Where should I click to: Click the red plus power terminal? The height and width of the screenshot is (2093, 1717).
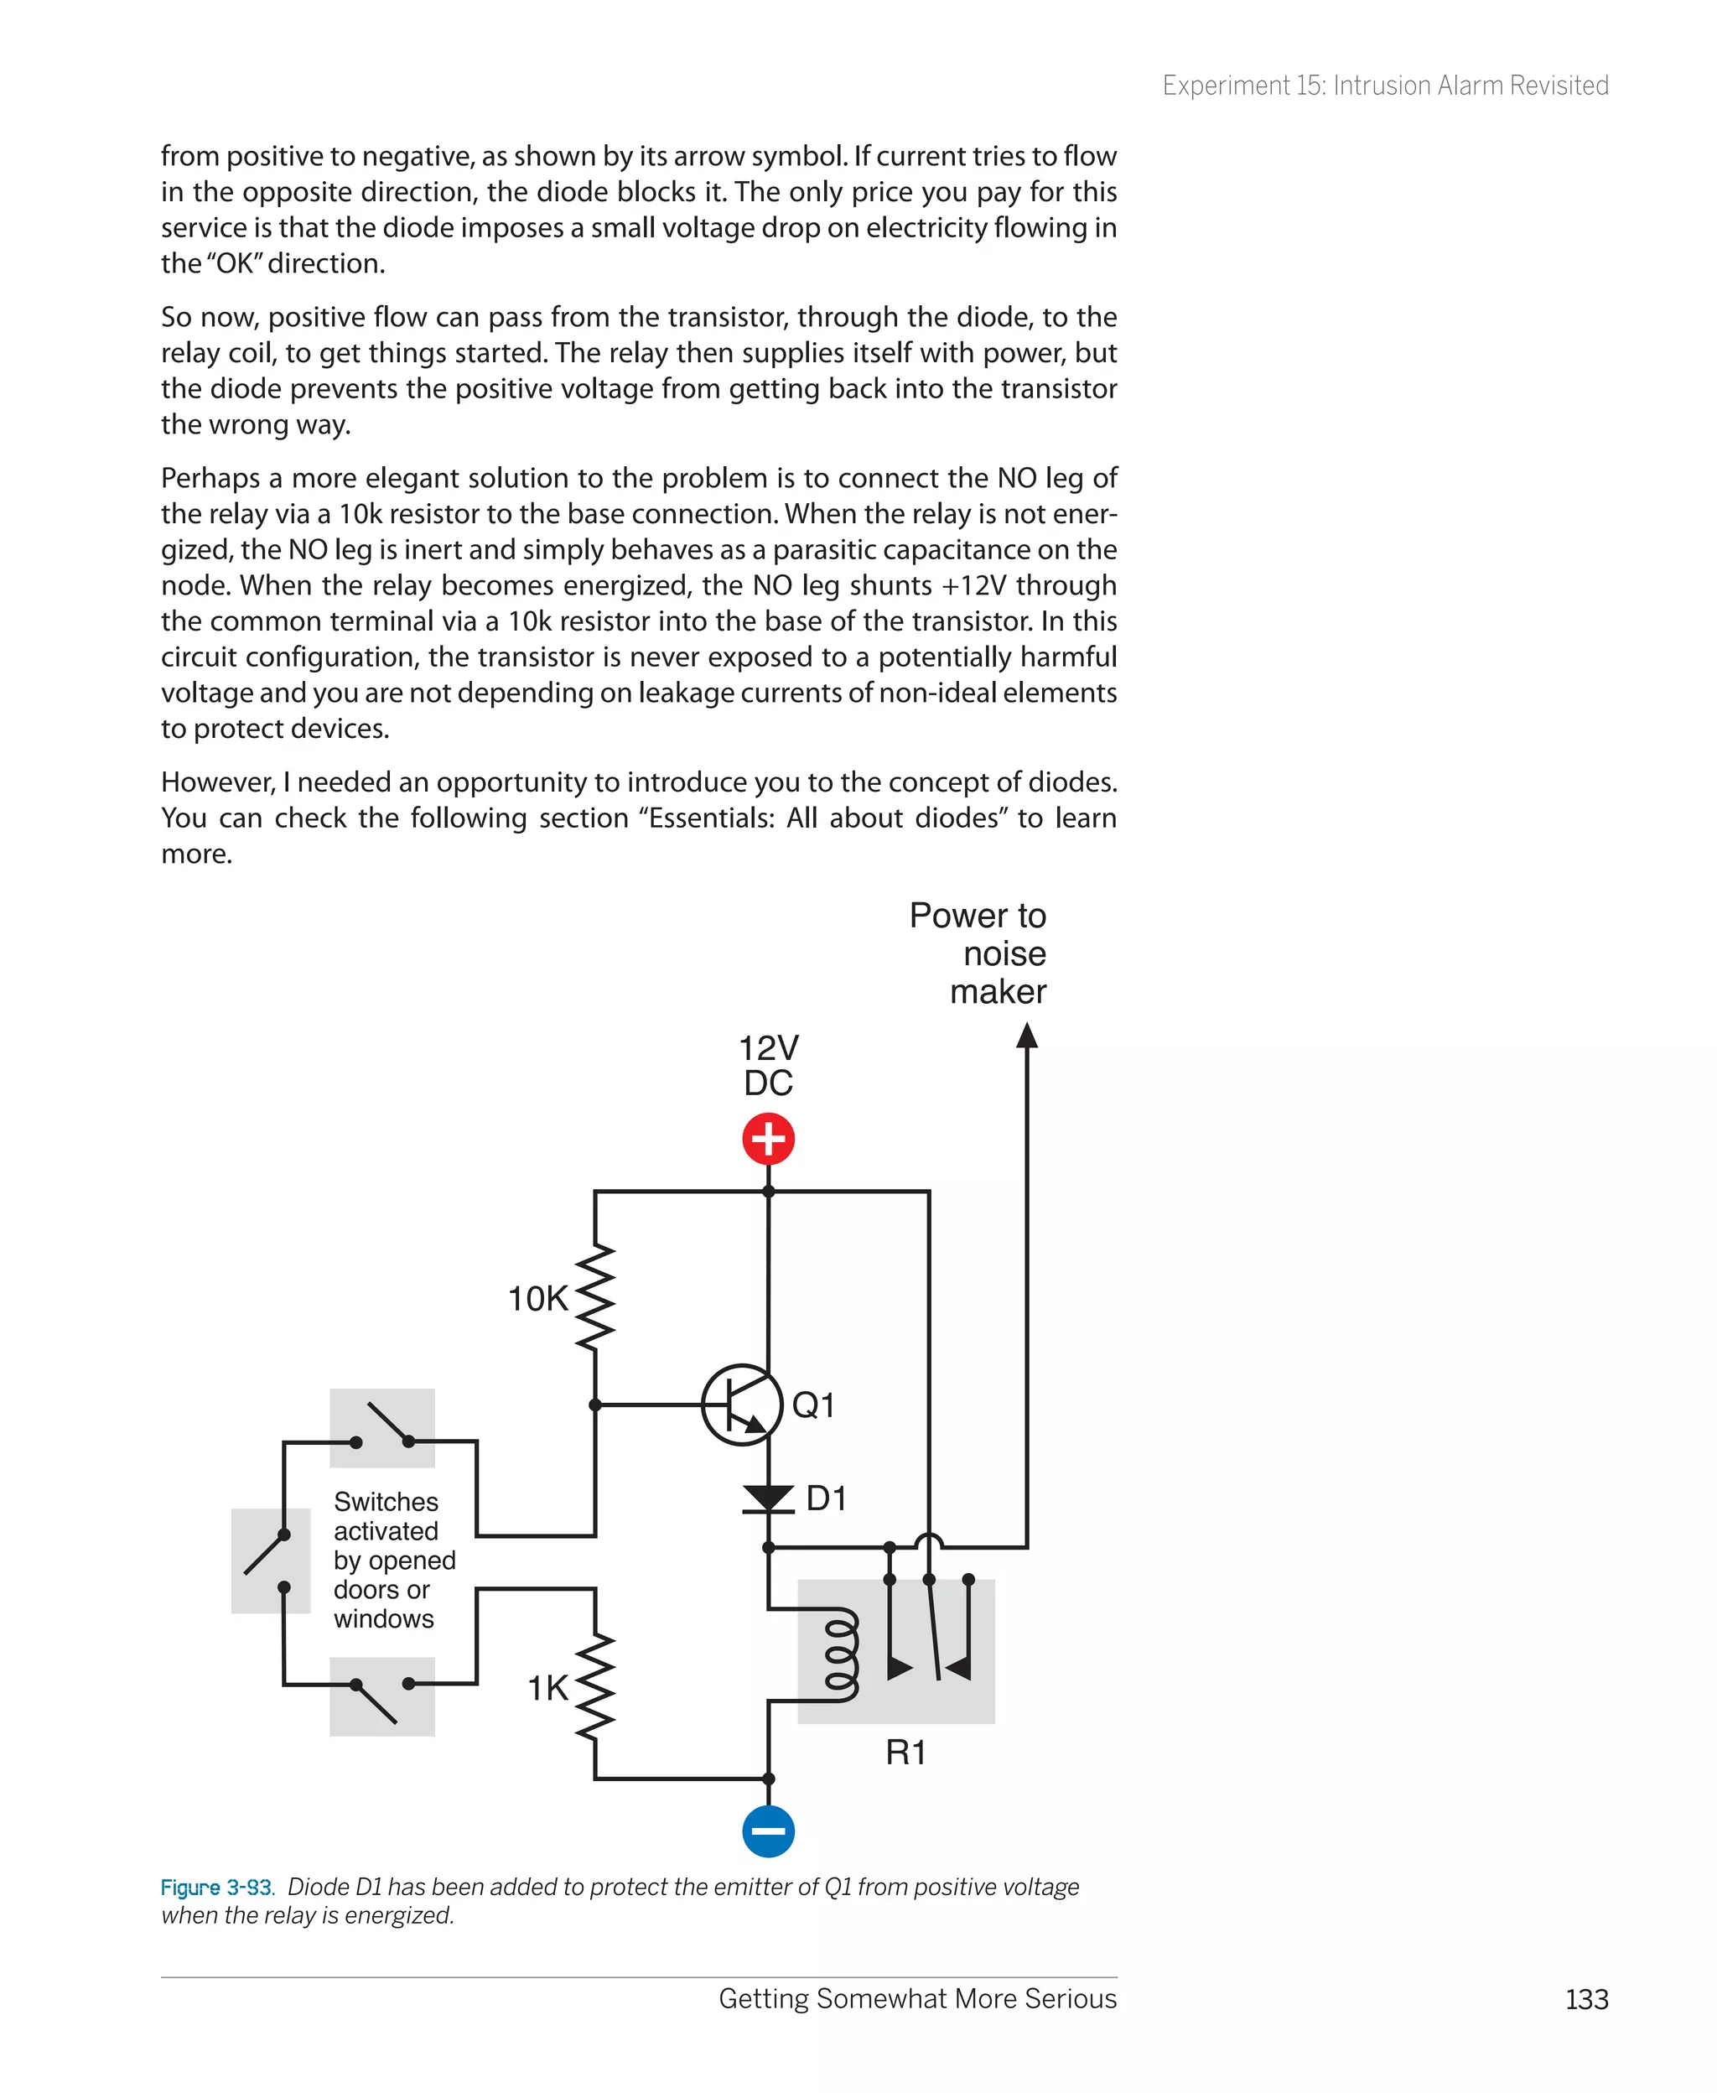769,1139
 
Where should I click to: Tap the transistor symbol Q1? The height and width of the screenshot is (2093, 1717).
742,1405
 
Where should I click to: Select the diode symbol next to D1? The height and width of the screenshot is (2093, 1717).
769,1498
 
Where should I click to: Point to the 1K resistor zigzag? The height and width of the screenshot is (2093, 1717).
594,1687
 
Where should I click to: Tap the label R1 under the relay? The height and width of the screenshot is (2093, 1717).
905,1753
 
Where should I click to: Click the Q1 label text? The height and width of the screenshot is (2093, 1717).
813,1405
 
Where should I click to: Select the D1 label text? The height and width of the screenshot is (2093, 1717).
826,1498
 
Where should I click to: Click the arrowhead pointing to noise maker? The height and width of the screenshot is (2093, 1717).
1027,1036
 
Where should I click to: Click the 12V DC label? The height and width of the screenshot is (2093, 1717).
769,1065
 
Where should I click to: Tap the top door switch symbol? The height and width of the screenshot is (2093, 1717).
383,1427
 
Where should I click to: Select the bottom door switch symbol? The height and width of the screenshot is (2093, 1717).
383,1696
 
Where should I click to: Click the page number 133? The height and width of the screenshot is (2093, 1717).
1586,1999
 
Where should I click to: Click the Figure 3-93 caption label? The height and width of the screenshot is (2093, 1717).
216,1888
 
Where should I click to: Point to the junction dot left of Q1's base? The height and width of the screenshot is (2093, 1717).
594,1405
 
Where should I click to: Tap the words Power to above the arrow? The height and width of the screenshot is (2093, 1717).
978,916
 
